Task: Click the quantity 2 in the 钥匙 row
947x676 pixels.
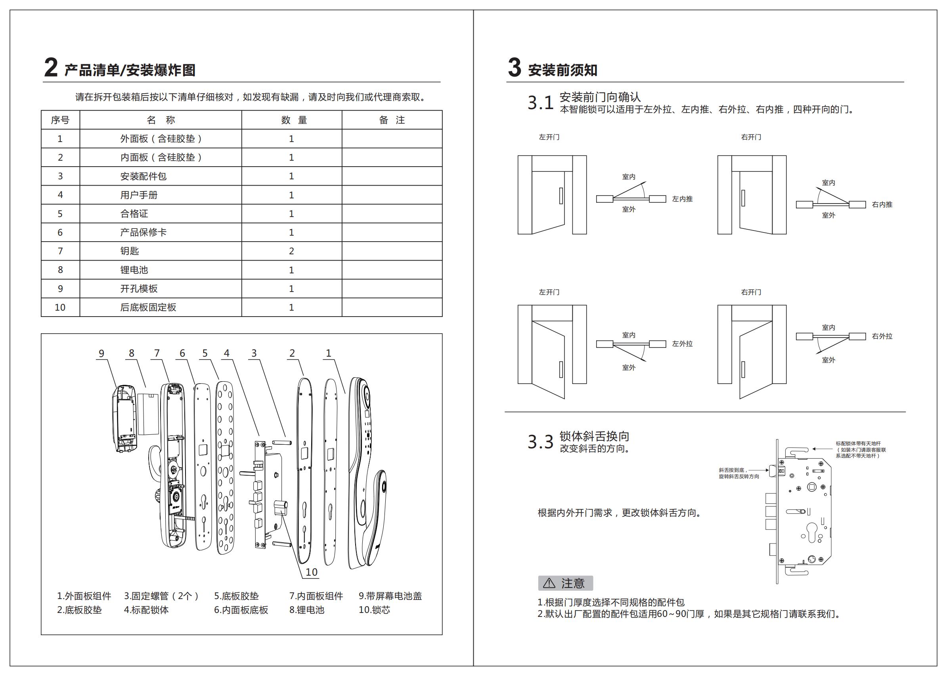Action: [291, 251]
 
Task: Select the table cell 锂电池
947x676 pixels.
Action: [134, 270]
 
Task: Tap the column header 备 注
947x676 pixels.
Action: [392, 120]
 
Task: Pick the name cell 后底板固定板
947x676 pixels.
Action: [148, 307]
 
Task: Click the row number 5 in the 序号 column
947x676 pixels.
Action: [60, 213]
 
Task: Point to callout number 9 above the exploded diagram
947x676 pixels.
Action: [101, 354]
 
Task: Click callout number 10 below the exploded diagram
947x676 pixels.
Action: [312, 572]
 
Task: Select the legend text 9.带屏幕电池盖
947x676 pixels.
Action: [390, 596]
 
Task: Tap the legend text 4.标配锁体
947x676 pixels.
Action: [146, 610]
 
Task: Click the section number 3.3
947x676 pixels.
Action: [540, 442]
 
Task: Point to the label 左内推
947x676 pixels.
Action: [682, 199]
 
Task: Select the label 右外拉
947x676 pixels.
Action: [882, 336]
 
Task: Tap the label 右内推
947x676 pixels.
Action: [882, 204]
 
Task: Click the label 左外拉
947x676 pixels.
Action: [682, 344]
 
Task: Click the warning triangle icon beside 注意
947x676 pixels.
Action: [549, 583]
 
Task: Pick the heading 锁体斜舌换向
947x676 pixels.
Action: [594, 436]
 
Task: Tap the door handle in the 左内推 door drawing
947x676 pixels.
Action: [561, 196]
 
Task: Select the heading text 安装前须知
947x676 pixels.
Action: [562, 70]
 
